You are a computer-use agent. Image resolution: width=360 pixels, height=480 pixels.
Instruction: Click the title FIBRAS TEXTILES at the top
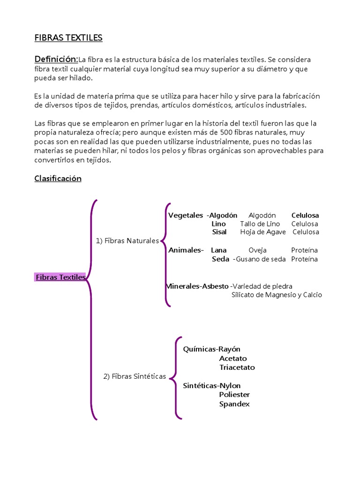(x=68, y=38)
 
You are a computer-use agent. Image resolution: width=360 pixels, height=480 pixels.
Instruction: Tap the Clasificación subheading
(x=58, y=179)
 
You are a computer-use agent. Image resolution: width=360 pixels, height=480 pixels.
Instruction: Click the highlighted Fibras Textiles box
(x=60, y=277)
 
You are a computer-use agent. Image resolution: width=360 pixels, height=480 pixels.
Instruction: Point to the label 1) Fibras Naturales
(x=127, y=240)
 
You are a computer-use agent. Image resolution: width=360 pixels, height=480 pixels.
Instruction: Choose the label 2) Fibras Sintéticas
(x=135, y=376)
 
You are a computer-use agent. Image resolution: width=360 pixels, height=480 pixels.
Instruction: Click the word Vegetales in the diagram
(x=186, y=215)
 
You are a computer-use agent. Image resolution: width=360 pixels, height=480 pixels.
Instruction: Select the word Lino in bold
(x=218, y=224)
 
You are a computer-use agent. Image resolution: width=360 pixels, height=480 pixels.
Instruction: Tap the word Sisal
(x=219, y=232)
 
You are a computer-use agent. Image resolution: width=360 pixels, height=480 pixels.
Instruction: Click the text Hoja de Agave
(x=263, y=232)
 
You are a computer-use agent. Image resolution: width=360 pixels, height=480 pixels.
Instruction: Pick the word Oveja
(x=257, y=250)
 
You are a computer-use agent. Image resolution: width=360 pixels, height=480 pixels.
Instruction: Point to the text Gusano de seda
(x=261, y=259)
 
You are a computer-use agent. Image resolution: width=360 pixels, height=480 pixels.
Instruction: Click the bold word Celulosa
(x=305, y=215)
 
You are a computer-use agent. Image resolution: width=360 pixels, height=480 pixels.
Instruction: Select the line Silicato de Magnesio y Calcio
(x=277, y=295)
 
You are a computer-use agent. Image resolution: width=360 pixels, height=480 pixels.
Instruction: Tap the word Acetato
(x=233, y=359)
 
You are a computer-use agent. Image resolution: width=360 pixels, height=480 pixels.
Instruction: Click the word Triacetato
(x=237, y=367)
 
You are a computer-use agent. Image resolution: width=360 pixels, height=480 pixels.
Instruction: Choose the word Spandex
(x=234, y=404)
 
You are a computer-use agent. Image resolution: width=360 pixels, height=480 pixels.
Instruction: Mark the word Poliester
(x=234, y=395)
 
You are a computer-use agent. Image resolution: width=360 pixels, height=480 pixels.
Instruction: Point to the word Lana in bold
(x=219, y=250)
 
